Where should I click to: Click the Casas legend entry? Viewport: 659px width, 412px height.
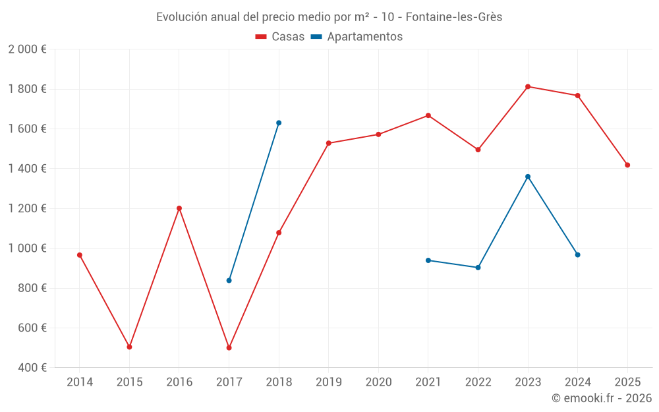280,37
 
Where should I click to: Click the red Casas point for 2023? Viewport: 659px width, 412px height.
528,86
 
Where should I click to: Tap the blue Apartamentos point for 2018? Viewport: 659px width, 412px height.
279,123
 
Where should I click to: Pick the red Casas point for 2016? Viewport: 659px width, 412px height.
179,208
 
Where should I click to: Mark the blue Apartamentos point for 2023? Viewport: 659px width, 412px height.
528,177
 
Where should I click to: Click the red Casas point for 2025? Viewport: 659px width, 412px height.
627,165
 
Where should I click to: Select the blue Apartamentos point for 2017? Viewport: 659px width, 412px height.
229,280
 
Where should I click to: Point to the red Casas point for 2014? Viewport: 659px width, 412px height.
80,255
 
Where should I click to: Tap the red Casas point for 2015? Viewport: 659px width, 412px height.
129,347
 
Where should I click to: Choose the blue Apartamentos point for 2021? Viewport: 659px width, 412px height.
428,260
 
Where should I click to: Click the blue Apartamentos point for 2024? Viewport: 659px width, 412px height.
578,254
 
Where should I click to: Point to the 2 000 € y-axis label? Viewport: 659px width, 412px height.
27,49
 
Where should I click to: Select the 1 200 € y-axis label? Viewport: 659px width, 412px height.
27,208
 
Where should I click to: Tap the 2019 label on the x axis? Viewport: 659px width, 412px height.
328,382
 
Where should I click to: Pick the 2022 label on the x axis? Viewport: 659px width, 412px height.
478,382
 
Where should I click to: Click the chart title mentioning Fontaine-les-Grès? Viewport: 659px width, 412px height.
329,17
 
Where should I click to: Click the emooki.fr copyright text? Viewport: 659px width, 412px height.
601,398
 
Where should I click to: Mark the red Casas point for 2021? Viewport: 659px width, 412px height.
428,115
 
